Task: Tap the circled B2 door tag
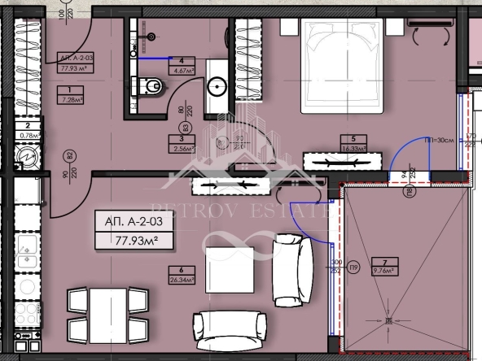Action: (69, 154)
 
